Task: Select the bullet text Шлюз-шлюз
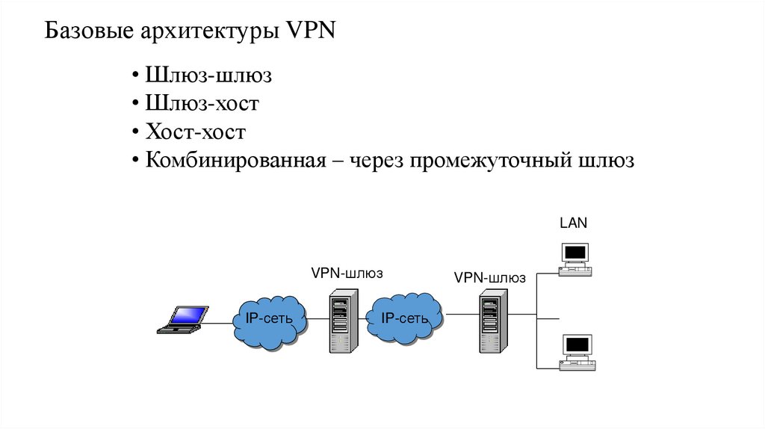pos(208,76)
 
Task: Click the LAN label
pos(574,223)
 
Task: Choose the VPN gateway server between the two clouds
pos(339,321)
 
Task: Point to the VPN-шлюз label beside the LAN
pos(490,278)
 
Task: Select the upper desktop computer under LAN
pos(575,259)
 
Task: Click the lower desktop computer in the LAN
pos(577,352)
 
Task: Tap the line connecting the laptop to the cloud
pos(220,323)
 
